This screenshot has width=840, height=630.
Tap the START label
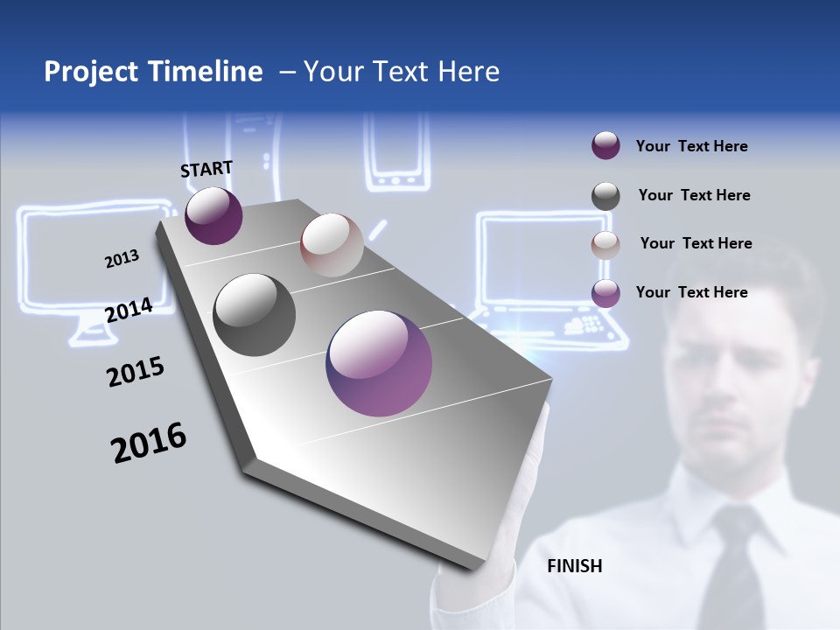(x=206, y=169)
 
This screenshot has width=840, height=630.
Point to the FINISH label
(x=574, y=566)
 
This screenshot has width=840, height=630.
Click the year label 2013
(x=122, y=259)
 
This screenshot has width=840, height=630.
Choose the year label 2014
(x=129, y=310)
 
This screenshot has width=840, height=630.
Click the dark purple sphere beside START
(x=213, y=215)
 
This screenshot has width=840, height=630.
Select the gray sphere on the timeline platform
(x=254, y=314)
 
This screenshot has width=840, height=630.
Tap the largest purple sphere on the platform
(x=379, y=363)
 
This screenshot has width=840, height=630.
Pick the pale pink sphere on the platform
(x=332, y=244)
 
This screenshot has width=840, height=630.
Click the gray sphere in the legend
(x=605, y=196)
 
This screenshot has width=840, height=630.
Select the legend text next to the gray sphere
(x=694, y=195)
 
